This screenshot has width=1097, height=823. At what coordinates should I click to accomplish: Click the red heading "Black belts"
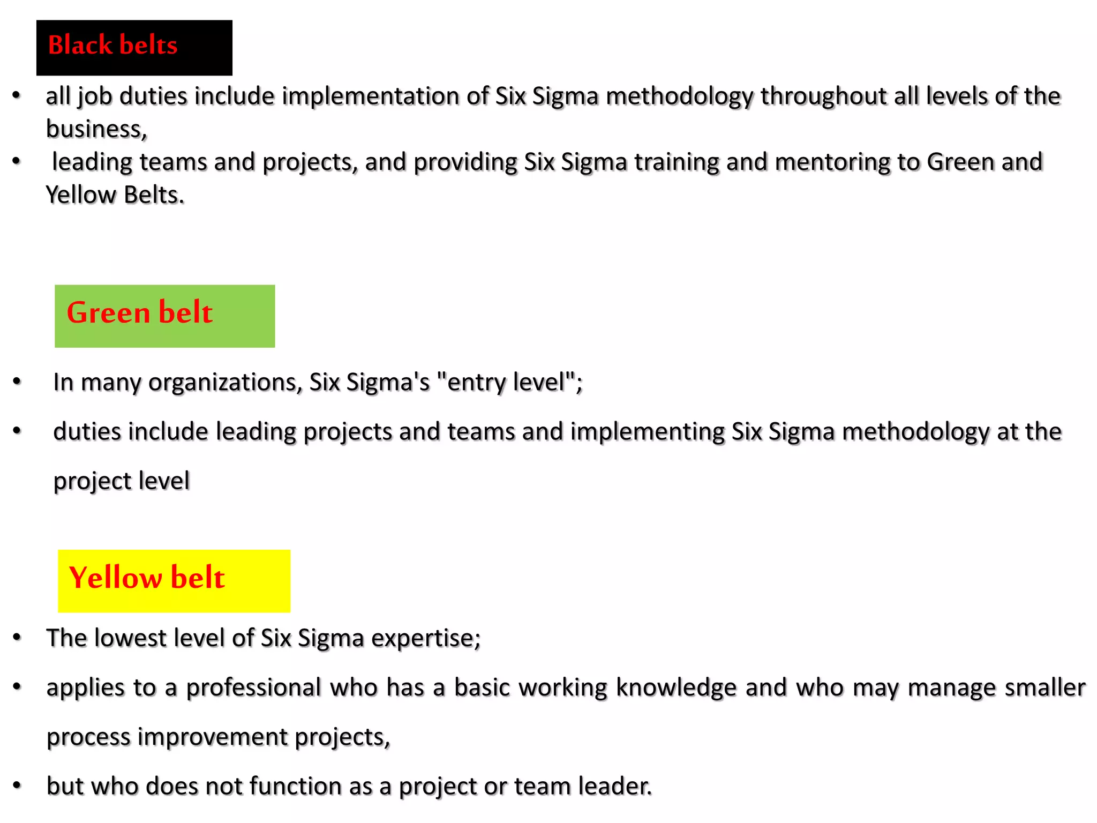pyautogui.click(x=112, y=45)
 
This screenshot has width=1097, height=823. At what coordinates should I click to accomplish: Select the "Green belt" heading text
pyautogui.click(x=139, y=312)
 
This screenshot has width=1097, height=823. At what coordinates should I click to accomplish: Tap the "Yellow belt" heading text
pyautogui.click(x=147, y=578)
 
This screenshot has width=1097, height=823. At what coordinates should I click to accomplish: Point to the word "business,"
pyautogui.click(x=96, y=129)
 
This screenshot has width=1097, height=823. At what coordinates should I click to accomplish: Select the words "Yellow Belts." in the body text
pyautogui.click(x=115, y=195)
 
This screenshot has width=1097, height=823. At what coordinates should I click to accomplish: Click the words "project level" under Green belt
pyautogui.click(x=122, y=481)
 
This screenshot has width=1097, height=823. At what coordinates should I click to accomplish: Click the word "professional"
pyautogui.click(x=253, y=688)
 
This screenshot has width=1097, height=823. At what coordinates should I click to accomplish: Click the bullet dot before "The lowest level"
pyautogui.click(x=17, y=637)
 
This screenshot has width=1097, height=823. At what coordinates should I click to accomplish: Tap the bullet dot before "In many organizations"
pyautogui.click(x=17, y=381)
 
